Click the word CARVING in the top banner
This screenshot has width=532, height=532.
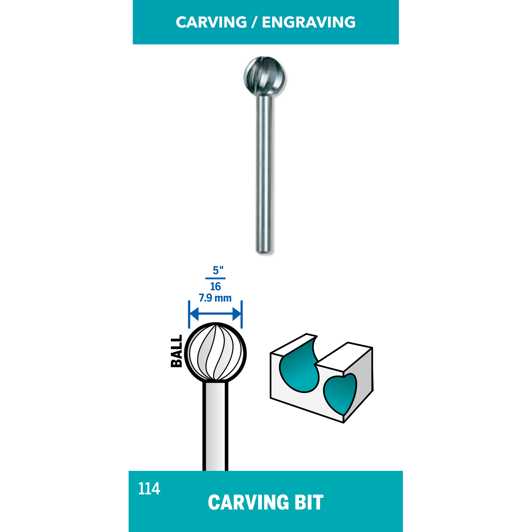(x=211, y=22)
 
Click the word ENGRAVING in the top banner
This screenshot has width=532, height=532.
(x=309, y=22)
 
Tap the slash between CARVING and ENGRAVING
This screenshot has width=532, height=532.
(x=254, y=22)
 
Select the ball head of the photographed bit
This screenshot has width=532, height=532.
(x=264, y=76)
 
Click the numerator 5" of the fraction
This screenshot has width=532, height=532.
(x=218, y=270)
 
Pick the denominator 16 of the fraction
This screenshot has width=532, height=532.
(x=215, y=286)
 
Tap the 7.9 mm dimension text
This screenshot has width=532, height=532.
(x=215, y=298)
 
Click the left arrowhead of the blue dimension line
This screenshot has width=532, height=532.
(x=194, y=314)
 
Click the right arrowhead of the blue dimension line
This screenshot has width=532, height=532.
(x=237, y=314)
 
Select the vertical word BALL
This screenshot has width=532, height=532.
(x=177, y=351)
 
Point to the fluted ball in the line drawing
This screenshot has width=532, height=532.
(x=215, y=353)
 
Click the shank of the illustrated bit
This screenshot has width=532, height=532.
(x=215, y=426)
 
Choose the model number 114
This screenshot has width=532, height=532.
(x=149, y=489)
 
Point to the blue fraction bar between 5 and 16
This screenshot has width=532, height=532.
(x=215, y=278)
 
